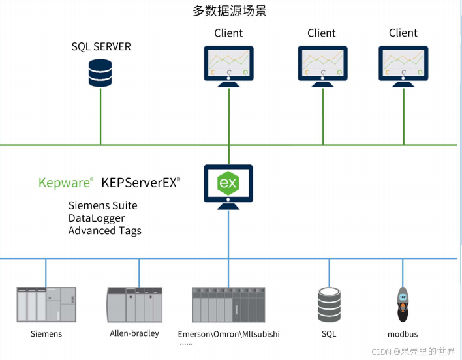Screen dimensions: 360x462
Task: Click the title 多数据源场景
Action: [230, 11]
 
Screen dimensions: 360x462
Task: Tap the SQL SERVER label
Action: [101, 47]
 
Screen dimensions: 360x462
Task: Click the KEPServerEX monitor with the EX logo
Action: [228, 185]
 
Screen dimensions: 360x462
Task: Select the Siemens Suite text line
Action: [103, 205]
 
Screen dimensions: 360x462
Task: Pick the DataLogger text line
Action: [97, 218]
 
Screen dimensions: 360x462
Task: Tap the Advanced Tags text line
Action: [105, 230]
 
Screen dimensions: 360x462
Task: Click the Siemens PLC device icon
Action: [46, 304]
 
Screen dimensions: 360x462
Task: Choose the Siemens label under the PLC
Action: [46, 334]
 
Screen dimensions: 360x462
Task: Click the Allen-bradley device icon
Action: [134, 304]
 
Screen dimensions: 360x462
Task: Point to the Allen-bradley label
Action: [134, 334]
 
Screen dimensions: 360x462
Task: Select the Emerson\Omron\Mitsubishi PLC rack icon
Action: [228, 304]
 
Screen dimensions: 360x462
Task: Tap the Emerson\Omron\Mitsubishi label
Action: [228, 334]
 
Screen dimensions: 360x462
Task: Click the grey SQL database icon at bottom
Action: [329, 304]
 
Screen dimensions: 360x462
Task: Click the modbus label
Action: [403, 334]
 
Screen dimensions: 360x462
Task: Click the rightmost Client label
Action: [403, 33]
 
